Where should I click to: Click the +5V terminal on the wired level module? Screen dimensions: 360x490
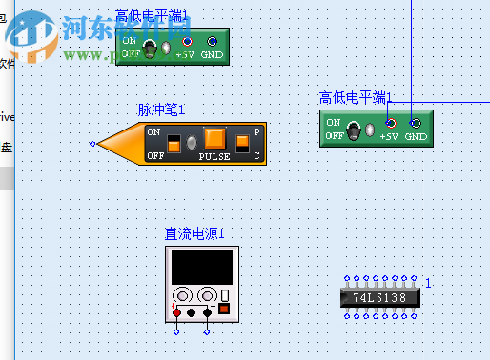[x=390, y=123]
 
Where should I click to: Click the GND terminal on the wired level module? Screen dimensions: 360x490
[x=415, y=123]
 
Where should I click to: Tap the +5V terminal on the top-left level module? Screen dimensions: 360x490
[x=187, y=41]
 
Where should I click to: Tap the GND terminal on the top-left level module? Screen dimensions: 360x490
[x=212, y=41]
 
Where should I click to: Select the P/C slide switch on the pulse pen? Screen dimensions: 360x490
[x=243, y=143]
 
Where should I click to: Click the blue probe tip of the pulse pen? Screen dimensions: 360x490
[x=92, y=145]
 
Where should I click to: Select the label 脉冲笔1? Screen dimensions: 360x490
[x=161, y=110]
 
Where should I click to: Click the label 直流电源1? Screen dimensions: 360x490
[x=194, y=233]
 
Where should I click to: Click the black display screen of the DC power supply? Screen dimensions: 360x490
[x=199, y=267]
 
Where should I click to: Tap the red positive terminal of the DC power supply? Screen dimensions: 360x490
[x=176, y=312]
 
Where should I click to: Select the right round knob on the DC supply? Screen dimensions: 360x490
[x=207, y=295]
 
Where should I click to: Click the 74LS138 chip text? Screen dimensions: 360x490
[x=378, y=297]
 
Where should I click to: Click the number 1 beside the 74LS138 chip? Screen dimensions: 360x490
[x=428, y=283]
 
